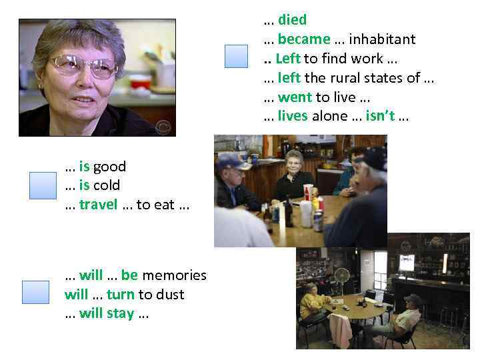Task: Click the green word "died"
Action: pos(292,20)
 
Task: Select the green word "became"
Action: pos(304,39)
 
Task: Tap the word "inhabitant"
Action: pos(382,39)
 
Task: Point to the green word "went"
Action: pos(295,97)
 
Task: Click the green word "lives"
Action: pos(293,116)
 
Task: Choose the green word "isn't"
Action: pos(380,116)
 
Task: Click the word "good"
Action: pos(109,166)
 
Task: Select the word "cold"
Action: pos(107,185)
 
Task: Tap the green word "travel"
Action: pos(98,205)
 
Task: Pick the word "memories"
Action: pos(175,275)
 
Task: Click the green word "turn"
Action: pos(121,294)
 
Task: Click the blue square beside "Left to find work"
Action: pos(236,56)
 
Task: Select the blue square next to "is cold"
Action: pos(43,185)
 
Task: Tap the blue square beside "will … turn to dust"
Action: pos(35,292)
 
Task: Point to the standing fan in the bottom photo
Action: pos(341,276)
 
